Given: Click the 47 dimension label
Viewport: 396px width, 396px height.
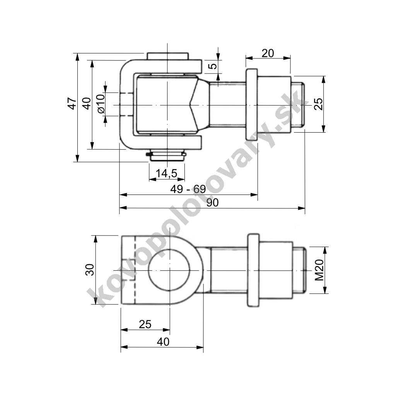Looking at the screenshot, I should point(72,103).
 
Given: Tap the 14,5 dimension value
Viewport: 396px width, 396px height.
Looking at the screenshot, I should point(167,174).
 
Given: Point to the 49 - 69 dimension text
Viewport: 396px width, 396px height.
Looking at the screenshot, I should point(188,189).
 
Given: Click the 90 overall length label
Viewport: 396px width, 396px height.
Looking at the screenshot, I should point(212,203).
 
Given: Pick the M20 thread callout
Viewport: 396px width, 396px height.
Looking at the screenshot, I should point(319,270).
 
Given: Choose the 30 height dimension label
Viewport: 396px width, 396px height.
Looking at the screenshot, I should point(90,269).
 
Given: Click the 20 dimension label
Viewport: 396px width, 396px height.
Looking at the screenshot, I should point(268,53).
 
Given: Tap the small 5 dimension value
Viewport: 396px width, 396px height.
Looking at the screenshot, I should point(212,66).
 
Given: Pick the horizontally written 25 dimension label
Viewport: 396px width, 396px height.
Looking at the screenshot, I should point(145,324).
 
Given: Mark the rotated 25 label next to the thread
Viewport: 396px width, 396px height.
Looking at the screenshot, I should point(318,104).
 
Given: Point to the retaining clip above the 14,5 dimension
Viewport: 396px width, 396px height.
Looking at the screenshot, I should point(166,155).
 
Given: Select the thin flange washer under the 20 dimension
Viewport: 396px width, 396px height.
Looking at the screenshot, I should point(251,105).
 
